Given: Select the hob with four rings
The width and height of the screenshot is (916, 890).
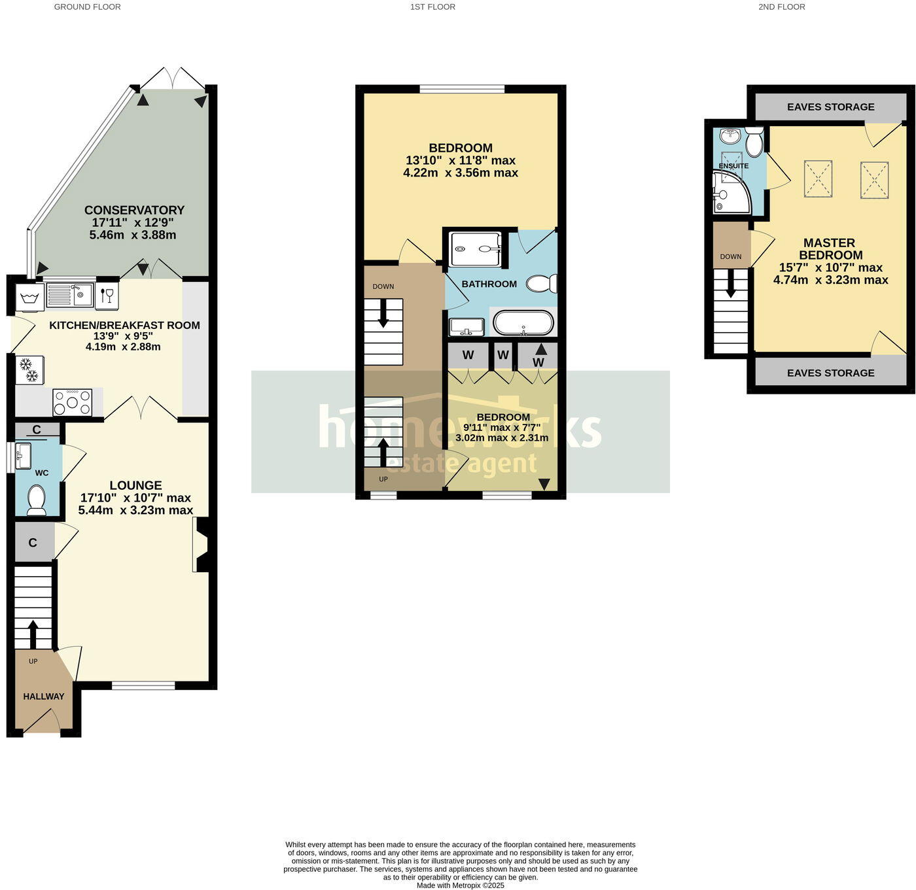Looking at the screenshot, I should (x=72, y=402).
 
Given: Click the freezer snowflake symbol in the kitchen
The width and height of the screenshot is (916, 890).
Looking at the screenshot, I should (x=29, y=370).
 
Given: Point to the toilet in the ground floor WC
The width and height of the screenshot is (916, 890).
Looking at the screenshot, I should (x=37, y=500).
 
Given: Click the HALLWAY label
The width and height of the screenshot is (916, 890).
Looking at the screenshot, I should (x=44, y=696).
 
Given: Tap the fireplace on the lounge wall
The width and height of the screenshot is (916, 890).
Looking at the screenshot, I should (x=200, y=545).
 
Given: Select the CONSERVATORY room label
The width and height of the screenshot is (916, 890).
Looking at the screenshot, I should (x=134, y=210).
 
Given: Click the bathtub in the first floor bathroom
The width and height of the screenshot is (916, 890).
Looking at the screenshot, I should (x=523, y=323).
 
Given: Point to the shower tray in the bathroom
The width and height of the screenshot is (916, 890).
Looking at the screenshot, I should (x=476, y=248).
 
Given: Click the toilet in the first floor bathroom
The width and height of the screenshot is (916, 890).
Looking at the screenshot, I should (x=542, y=283).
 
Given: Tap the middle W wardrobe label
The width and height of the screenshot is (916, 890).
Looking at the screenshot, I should (x=502, y=355).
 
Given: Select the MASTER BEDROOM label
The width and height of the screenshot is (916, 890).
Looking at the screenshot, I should (x=830, y=249).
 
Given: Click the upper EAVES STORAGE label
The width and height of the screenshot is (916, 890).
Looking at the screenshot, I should (x=830, y=107).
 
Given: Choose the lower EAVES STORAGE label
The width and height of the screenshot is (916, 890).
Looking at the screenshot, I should (x=830, y=373).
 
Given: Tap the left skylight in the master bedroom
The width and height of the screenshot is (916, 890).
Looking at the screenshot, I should (x=818, y=178).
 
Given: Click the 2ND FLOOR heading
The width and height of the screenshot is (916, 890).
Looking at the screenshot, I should (x=781, y=7).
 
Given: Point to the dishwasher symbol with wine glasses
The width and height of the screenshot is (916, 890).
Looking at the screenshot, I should (x=107, y=296).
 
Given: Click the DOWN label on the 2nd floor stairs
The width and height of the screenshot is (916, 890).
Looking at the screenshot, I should (x=730, y=256).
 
